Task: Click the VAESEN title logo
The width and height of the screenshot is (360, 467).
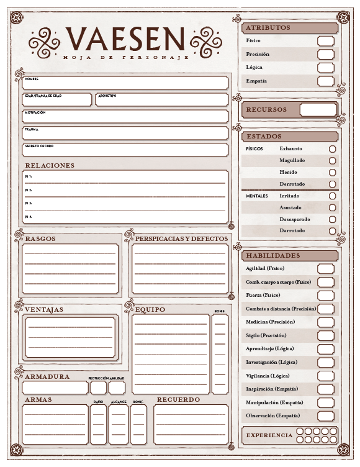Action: click(125, 39)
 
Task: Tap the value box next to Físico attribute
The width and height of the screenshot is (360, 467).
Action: click(325, 41)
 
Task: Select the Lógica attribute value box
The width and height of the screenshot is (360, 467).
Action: click(325, 68)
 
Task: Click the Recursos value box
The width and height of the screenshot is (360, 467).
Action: click(318, 110)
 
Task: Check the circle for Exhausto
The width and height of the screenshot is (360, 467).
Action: click(332, 149)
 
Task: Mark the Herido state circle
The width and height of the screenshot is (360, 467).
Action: click(332, 173)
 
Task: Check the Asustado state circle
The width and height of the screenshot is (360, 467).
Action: click(332, 207)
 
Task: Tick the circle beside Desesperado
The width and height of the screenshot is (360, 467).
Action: click(332, 219)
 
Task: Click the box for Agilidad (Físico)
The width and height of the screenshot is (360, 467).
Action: click(325, 269)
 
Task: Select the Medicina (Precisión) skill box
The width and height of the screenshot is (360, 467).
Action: click(325, 322)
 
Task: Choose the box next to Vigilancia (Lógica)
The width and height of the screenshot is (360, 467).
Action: click(325, 376)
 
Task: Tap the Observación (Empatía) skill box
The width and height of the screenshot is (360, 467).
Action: click(325, 416)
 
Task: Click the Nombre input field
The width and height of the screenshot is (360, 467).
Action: click(125, 83)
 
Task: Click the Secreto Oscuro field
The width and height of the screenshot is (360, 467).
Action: click(125, 150)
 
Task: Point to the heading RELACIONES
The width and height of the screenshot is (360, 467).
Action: click(50, 166)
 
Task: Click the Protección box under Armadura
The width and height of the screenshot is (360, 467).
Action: click(98, 388)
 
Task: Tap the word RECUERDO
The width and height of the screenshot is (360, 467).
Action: click(178, 400)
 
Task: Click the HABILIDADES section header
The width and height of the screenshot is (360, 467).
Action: click(273, 256)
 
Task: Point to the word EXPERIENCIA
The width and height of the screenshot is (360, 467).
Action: click(269, 435)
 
